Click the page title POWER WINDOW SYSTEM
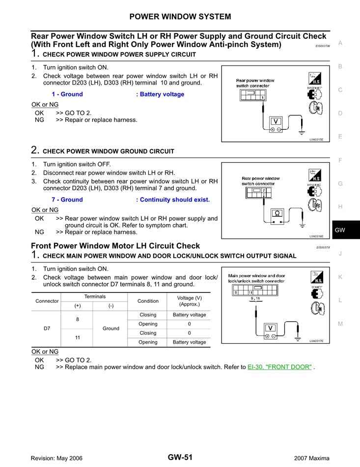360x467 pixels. click(x=180, y=17)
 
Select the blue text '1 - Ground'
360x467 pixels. click(x=67, y=94)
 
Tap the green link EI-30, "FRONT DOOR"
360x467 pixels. click(x=279, y=367)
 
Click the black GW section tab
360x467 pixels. click(x=340, y=230)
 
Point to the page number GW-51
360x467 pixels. click(x=180, y=457)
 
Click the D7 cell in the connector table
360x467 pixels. click(x=47, y=328)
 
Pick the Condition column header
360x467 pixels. click(x=148, y=301)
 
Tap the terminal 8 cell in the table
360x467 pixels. click(x=77, y=320)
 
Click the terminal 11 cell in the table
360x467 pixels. click(x=77, y=338)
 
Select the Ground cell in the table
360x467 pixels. click(x=111, y=328)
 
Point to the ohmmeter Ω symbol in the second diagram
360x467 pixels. click(x=277, y=213)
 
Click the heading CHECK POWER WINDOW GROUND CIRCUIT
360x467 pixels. click(x=108, y=151)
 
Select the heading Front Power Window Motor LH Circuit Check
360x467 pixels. click(x=115, y=246)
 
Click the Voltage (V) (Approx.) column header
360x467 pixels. click(x=189, y=301)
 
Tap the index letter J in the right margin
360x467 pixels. click(x=340, y=254)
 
